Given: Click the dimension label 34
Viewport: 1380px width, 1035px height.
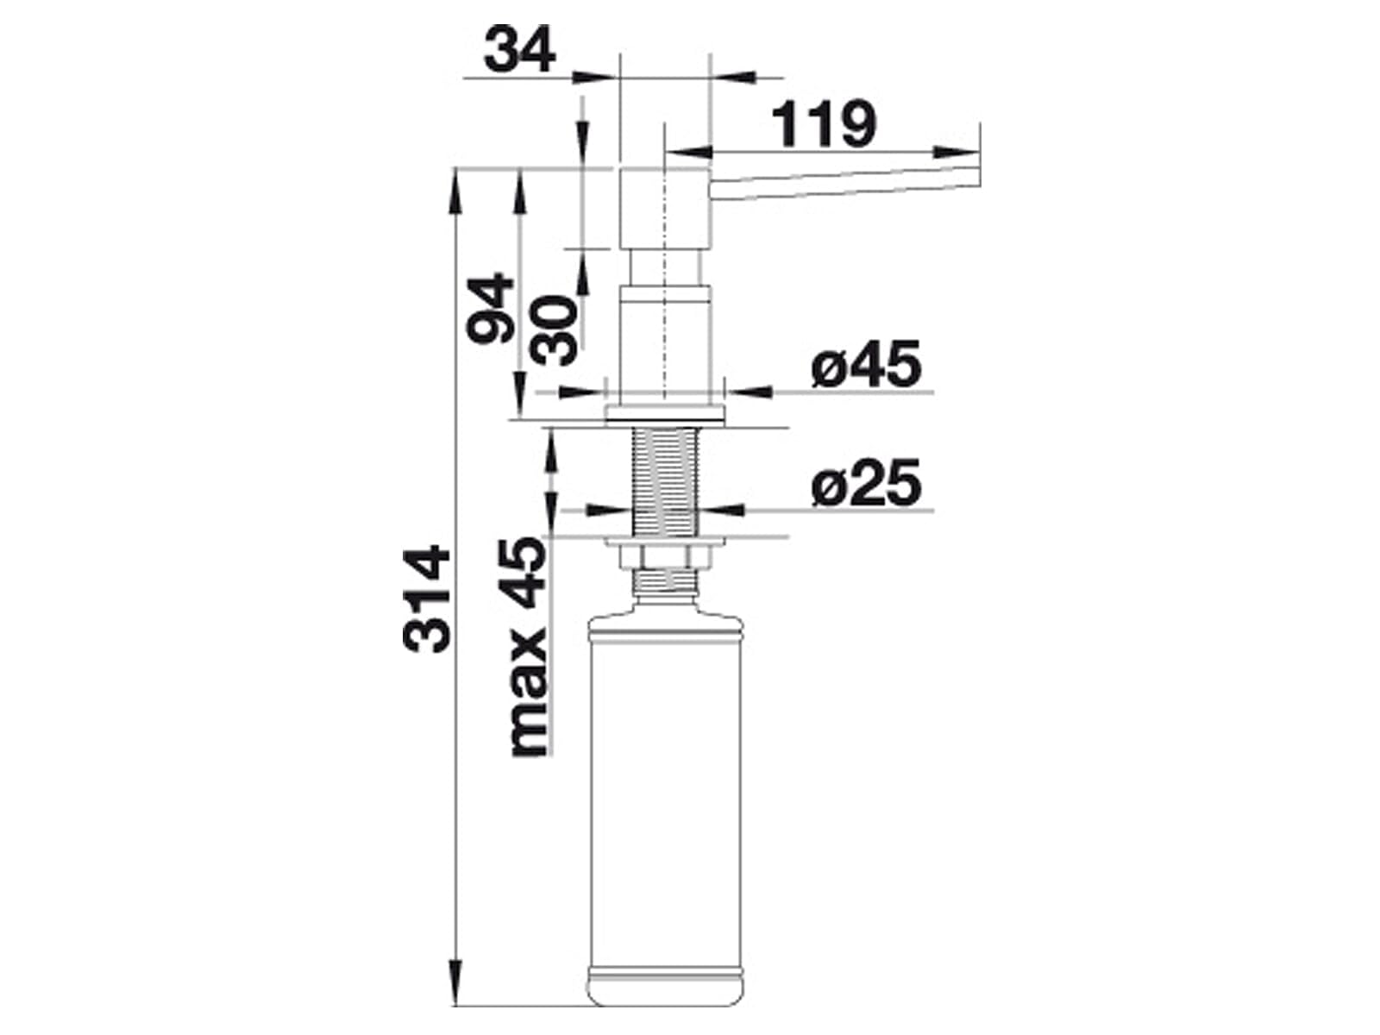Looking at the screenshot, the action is pyautogui.click(x=519, y=49).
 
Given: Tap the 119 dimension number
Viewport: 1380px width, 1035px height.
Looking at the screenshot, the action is pyautogui.click(x=823, y=124).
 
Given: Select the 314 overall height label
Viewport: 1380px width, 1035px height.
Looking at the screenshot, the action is pyautogui.click(x=427, y=599).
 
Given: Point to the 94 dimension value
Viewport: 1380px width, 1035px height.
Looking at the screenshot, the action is pyautogui.click(x=491, y=308).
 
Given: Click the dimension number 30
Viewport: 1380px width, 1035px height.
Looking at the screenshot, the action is pyautogui.click(x=553, y=330).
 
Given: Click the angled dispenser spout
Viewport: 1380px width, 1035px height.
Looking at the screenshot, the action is pyautogui.click(x=845, y=184).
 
